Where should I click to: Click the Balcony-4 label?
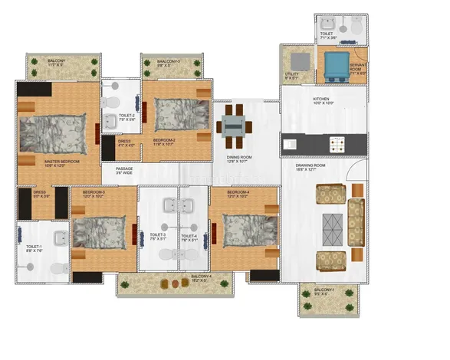tap(202, 278)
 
